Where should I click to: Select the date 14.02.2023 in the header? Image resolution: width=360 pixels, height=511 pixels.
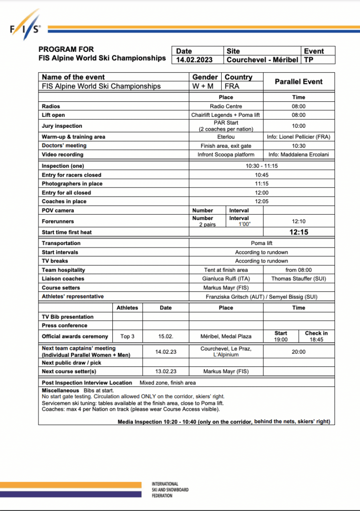[194, 60]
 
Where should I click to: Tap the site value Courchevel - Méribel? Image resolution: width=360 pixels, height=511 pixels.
[262, 60]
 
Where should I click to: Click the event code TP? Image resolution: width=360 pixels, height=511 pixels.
[309, 60]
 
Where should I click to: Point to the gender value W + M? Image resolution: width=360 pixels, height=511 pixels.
[203, 86]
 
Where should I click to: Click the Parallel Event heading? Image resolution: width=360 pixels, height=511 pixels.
[299, 82]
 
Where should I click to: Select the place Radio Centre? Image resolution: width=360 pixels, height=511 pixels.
[226, 106]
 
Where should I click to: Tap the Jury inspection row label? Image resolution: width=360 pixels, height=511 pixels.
[62, 126]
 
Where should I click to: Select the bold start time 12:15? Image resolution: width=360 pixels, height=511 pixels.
[299, 232]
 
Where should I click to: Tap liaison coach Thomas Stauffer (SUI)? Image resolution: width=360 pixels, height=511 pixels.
[299, 279]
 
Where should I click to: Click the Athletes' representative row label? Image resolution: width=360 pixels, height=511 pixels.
[73, 296]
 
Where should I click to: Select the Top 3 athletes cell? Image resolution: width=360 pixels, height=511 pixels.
[127, 336]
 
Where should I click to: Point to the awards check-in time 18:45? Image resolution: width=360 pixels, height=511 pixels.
[317, 339]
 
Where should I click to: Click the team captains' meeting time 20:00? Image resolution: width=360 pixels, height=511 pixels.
[299, 352]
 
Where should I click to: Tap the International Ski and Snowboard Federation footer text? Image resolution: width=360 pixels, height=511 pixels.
[170, 490]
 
